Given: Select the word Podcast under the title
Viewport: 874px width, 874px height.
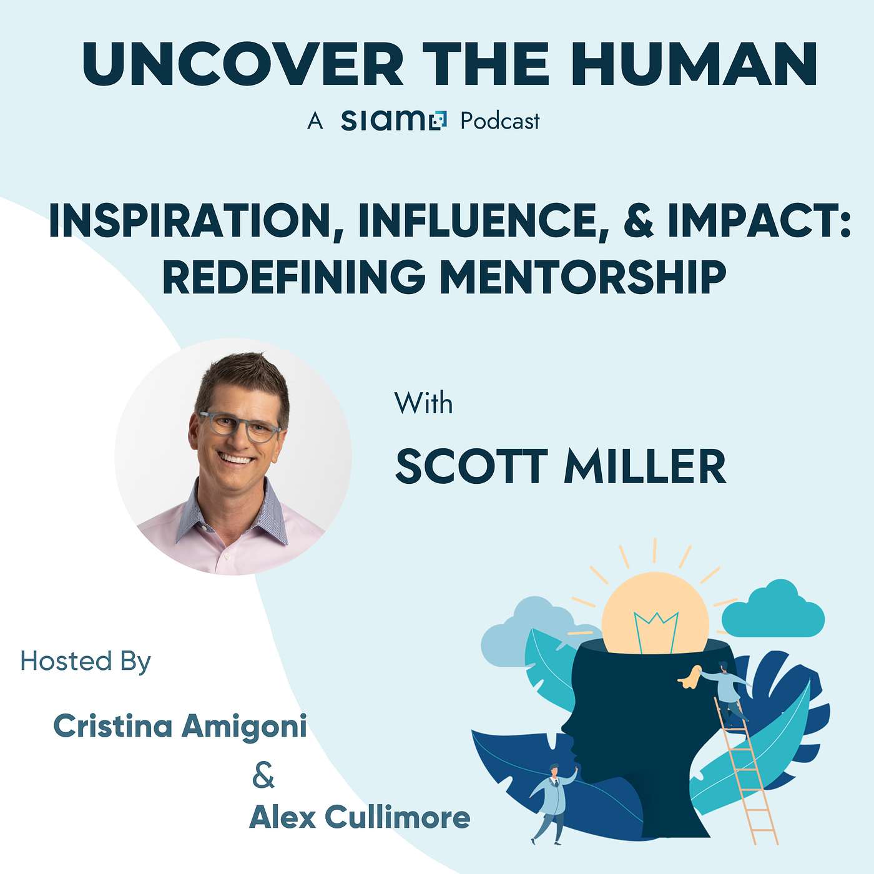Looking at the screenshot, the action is [x=500, y=121].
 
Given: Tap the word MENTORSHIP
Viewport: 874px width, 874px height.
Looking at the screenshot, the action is [x=583, y=278].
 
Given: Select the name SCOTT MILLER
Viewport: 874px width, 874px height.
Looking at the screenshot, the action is [x=561, y=467].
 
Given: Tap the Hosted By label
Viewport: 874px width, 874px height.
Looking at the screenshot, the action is [x=86, y=661].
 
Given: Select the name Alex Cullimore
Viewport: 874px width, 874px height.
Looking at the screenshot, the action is [x=359, y=818].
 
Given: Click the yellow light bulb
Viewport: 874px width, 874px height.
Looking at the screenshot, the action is [x=655, y=614].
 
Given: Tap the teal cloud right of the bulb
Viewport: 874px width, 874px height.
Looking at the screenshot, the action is [x=773, y=609].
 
